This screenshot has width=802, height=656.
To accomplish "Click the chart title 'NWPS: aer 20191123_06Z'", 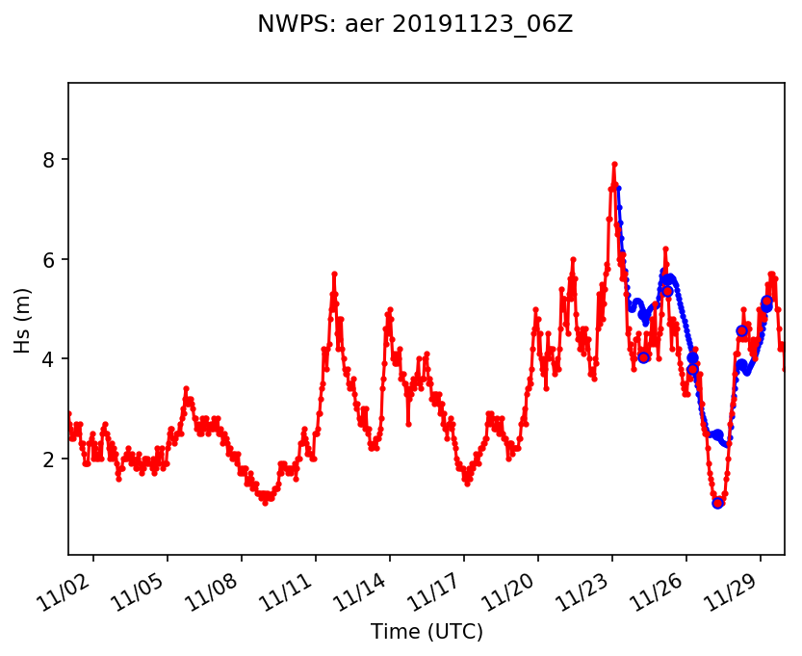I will pos(415,25).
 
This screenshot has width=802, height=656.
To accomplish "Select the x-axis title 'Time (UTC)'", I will pos(427,632).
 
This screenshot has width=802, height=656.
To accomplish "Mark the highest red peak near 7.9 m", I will pos(614,165).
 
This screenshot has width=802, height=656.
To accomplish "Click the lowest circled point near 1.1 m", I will pos(717,503).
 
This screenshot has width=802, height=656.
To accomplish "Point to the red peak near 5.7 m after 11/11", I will pos(334,274).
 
